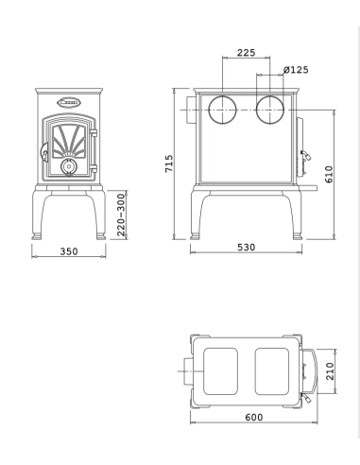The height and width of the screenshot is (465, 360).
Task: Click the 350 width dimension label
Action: pyautogui.click(x=68, y=253)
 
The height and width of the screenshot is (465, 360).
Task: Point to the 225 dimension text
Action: pyautogui.click(x=246, y=54)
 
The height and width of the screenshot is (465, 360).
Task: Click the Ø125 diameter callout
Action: pyautogui.click(x=296, y=70)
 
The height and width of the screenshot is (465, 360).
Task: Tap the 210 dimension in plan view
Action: pyautogui.click(x=331, y=369)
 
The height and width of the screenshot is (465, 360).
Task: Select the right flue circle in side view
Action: pyautogui.click(x=271, y=108)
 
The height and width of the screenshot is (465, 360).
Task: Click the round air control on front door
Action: pyautogui.click(x=68, y=166)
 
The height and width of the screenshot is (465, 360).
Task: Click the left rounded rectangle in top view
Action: pyautogui.click(x=223, y=370)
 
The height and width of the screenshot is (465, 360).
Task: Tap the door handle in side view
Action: pyautogui.click(x=304, y=153)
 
